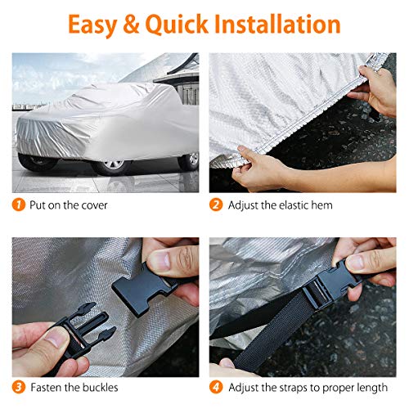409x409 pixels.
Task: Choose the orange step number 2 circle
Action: click(217, 204)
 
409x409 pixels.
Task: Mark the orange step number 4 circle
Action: click(217, 388)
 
